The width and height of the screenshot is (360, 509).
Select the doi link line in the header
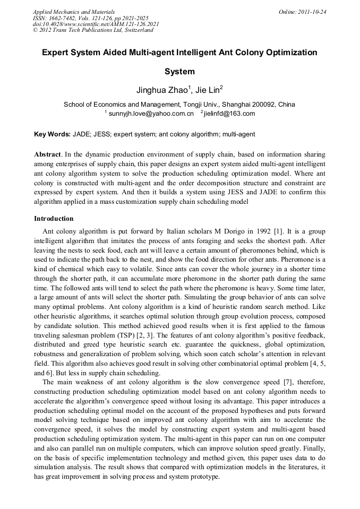click(96, 24)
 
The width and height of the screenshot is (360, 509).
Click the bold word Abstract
click(48, 154)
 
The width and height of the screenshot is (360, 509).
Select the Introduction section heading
click(54, 219)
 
